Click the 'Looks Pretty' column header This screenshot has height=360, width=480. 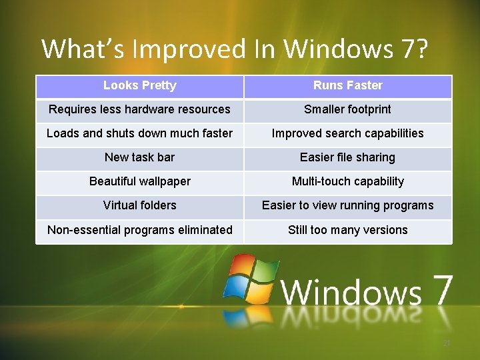140,85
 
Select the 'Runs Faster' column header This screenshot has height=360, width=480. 347,85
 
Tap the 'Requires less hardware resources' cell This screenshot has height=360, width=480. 140,109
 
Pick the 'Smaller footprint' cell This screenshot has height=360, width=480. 347,109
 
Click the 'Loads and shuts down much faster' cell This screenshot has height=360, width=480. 140,133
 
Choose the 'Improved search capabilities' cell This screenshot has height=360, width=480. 347,133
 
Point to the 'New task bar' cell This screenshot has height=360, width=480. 140,157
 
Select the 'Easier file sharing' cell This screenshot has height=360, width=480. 347,157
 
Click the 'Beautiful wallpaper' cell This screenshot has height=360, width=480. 140,181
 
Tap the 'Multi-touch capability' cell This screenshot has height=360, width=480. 347,181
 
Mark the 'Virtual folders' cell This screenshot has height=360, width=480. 140,205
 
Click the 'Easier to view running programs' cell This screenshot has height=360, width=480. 347,205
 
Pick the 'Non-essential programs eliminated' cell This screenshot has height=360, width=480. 140,230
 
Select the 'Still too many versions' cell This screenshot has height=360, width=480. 347,230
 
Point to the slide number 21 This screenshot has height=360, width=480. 447,343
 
